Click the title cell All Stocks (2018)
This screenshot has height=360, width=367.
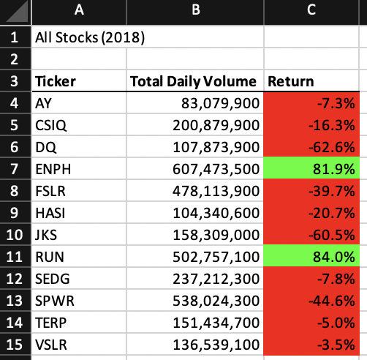pos(89,37)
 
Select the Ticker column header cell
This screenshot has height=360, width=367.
pos(55,81)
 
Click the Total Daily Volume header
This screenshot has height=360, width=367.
pos(193,81)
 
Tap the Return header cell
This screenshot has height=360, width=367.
pos(290,81)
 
